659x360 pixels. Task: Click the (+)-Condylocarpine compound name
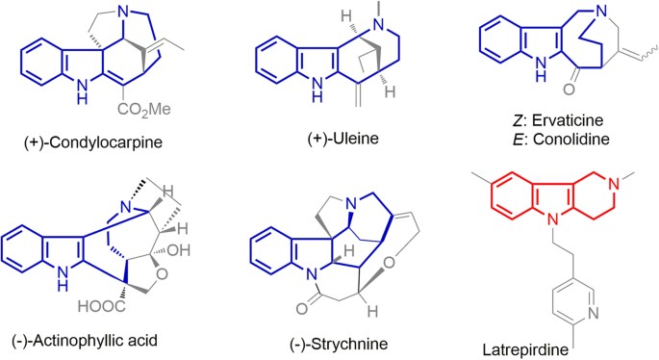[93, 142]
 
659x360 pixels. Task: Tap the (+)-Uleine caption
[342, 138]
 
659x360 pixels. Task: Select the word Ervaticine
[568, 120]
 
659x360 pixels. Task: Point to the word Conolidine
[570, 139]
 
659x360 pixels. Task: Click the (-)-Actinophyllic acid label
[80, 340]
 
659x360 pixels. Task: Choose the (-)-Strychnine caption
[339, 344]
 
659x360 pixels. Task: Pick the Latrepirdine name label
[525, 349]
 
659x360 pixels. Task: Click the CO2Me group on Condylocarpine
[144, 110]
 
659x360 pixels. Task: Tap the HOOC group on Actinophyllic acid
[101, 306]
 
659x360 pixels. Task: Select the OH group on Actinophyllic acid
[179, 250]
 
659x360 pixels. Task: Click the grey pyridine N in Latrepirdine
[594, 313]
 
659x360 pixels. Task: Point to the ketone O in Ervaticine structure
[569, 90]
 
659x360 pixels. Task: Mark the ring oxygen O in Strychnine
[390, 263]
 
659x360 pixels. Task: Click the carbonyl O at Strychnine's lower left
[301, 309]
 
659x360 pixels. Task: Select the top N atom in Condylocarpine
[123, 13]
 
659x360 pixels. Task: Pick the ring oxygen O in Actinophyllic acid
[162, 274]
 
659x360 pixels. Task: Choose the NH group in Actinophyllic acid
[63, 279]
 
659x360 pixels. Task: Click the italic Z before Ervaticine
[517, 120]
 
